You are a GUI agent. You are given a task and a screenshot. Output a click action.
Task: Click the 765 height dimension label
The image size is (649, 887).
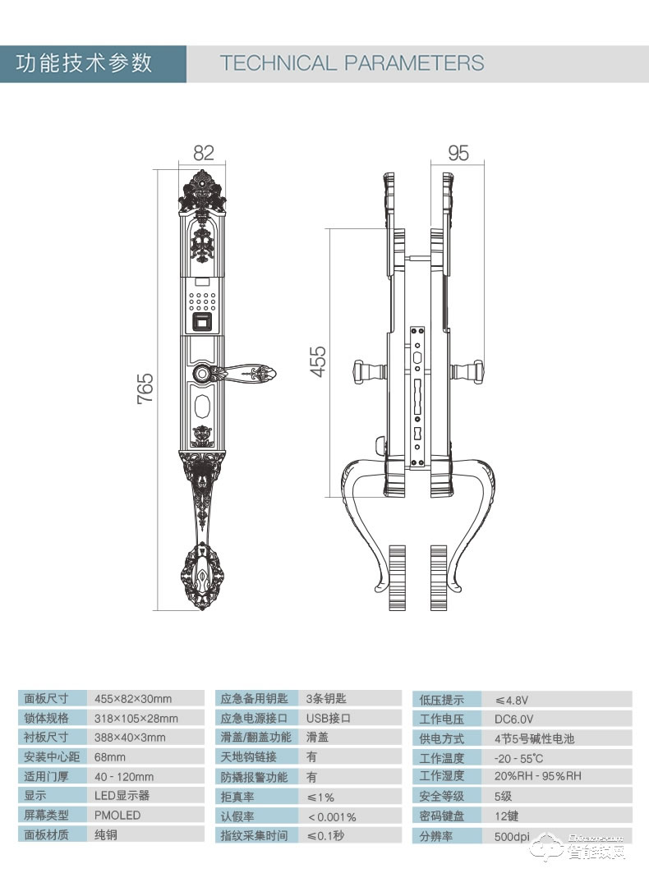(x=145, y=388)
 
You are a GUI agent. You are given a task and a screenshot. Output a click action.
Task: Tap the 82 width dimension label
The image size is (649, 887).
(x=203, y=153)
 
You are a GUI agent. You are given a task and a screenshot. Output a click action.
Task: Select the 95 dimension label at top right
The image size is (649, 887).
(x=458, y=153)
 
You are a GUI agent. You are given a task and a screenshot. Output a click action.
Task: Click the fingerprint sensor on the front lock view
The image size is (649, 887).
(x=202, y=322)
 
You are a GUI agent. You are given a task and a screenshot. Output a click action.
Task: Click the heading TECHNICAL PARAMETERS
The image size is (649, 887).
(x=352, y=63)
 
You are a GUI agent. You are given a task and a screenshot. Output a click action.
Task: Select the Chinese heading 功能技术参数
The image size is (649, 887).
(x=85, y=63)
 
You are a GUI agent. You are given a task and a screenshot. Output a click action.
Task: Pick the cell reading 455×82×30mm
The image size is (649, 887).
(x=133, y=699)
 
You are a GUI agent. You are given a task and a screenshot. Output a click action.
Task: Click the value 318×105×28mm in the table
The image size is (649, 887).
(x=136, y=719)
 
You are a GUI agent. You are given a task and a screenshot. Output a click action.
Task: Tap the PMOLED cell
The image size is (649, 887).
(x=117, y=816)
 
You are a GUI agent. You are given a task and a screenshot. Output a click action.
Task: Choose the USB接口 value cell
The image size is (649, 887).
(x=328, y=718)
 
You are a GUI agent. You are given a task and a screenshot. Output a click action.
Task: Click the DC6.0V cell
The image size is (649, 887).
(x=513, y=719)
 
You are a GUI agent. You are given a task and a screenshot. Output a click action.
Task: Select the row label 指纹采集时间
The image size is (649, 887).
(x=254, y=835)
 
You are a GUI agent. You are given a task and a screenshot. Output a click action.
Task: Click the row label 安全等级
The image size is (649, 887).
(x=442, y=796)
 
